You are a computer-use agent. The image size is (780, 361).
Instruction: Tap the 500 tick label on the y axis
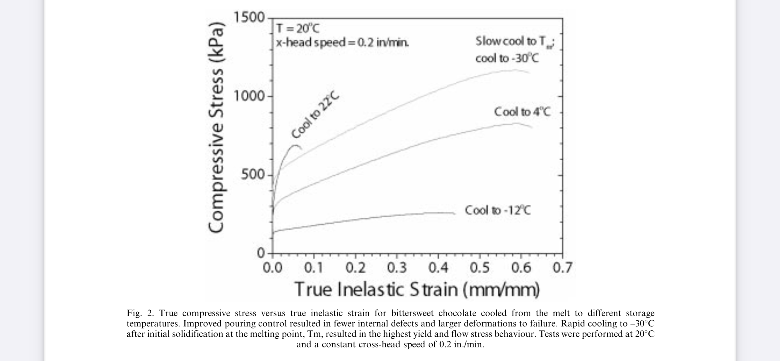253,175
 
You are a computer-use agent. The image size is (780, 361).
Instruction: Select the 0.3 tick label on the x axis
397,268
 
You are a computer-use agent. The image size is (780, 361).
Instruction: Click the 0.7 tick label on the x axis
562,268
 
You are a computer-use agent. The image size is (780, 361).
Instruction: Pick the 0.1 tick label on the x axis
314,268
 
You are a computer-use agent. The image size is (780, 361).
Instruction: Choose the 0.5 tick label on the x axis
480,268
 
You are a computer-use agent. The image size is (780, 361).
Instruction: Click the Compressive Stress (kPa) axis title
216,127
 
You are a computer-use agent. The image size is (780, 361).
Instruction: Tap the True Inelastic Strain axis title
417,290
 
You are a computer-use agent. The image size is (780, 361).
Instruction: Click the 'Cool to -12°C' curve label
498,210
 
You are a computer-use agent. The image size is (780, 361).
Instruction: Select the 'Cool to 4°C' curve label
522,112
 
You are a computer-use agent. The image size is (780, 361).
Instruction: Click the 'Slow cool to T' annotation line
515,42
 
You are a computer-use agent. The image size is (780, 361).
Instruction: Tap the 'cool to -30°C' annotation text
507,58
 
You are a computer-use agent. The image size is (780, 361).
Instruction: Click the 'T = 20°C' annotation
298,29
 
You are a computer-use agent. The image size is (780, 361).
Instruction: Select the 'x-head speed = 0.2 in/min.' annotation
343,42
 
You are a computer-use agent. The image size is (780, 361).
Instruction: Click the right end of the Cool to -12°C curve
455,213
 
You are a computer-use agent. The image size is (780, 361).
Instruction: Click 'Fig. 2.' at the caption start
140,313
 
